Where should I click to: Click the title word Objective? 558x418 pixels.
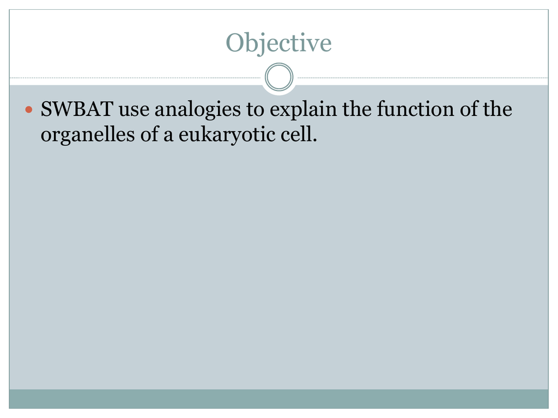[278, 44]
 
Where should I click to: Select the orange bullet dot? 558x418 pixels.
[29, 109]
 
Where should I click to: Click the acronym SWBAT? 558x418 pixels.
[77, 109]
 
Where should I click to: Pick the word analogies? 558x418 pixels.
[197, 110]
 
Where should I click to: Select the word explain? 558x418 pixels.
[303, 110]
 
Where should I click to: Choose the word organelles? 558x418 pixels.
[88, 136]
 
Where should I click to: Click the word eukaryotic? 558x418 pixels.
[227, 136]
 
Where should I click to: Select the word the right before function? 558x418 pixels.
[356, 109]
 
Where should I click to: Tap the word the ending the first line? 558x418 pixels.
[498, 109]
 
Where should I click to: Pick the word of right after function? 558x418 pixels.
[469, 109]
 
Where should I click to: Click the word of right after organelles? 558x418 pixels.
[149, 134]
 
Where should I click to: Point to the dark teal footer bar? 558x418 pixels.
[278, 399]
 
